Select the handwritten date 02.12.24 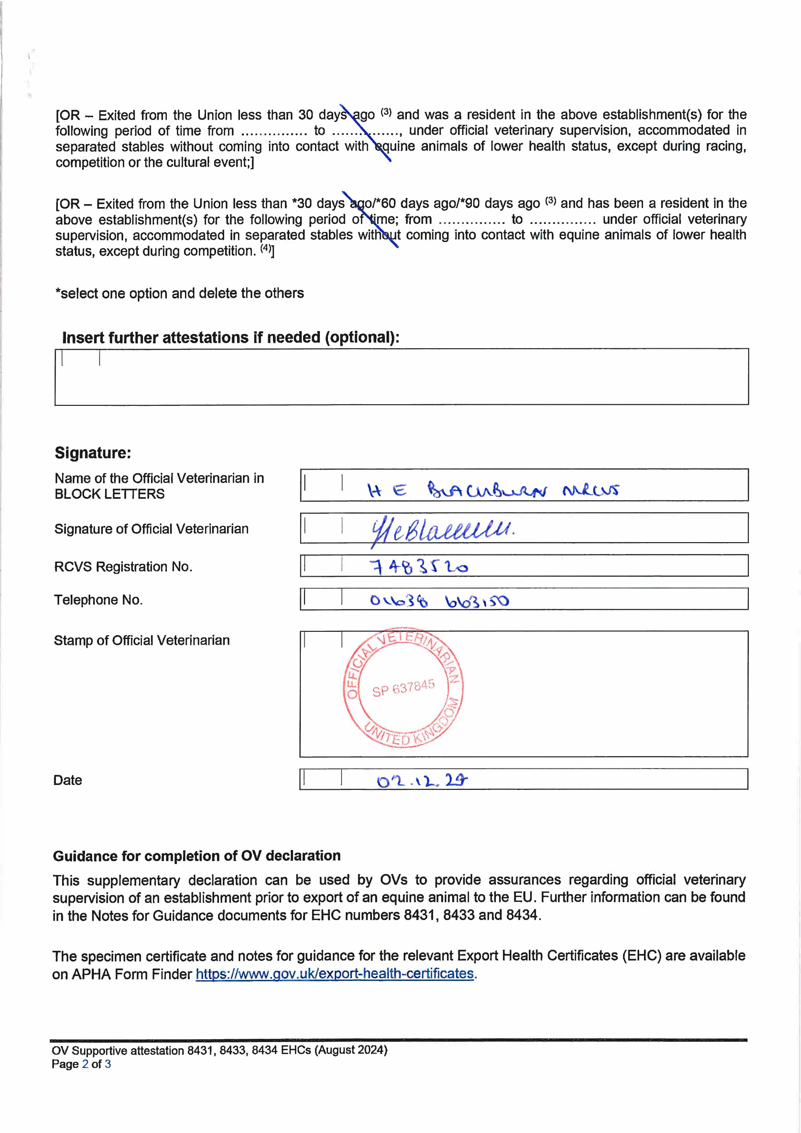coord(422,781)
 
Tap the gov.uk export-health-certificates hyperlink coord(335,974)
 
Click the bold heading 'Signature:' coord(93,453)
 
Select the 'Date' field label coord(68,780)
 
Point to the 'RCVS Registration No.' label coord(123,566)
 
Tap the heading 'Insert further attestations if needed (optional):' coord(231,338)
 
